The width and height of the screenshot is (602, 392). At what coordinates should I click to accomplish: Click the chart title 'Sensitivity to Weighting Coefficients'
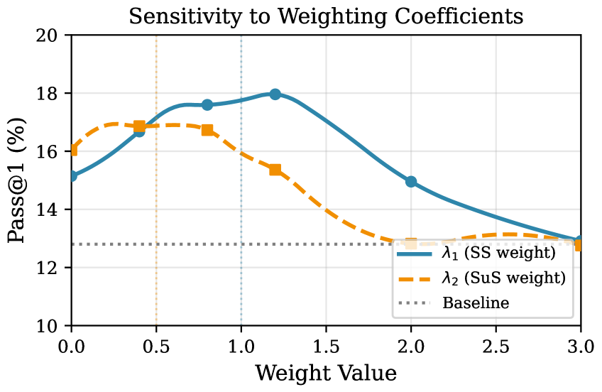326,16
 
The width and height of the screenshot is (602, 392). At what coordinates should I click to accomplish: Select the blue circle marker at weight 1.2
275,94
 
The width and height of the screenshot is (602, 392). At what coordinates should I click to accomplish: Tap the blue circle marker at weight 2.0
411,182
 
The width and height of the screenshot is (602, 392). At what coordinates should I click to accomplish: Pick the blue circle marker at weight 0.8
207,104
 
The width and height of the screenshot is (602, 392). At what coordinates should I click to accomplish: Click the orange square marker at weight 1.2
275,170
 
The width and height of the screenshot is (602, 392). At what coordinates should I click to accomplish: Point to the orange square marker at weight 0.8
207,130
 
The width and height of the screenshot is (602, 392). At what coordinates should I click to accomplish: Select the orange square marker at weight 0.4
139,126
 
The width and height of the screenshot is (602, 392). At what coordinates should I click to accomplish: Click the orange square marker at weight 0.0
72,150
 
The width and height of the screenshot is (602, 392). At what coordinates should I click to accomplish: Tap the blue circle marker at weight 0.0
72,175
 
